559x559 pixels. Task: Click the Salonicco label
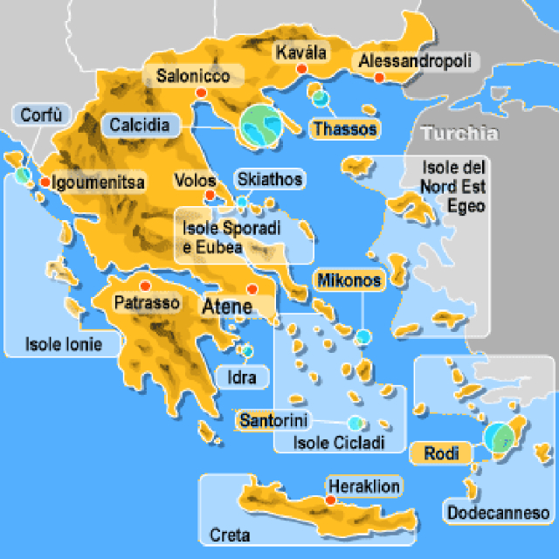pyautogui.click(x=193, y=76)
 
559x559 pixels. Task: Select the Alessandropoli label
pyautogui.click(x=415, y=61)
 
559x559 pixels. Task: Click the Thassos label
pyautogui.click(x=345, y=129)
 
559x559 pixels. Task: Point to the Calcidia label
pyautogui.click(x=140, y=125)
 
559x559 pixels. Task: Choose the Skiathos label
pyautogui.click(x=270, y=180)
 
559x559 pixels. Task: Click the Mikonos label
pyautogui.click(x=349, y=280)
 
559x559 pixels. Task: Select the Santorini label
pyautogui.click(x=273, y=420)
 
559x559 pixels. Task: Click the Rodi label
pyautogui.click(x=441, y=452)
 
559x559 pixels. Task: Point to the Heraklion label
pyautogui.click(x=364, y=487)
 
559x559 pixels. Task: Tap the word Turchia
pyautogui.click(x=459, y=134)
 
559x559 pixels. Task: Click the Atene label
pyautogui.click(x=227, y=307)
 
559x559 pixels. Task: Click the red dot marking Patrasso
pyautogui.click(x=146, y=286)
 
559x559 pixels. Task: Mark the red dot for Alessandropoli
pyautogui.click(x=379, y=78)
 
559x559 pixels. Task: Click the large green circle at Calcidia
pyautogui.click(x=261, y=126)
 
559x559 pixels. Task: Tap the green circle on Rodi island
pyautogui.click(x=500, y=437)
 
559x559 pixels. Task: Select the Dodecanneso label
pyautogui.click(x=497, y=513)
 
